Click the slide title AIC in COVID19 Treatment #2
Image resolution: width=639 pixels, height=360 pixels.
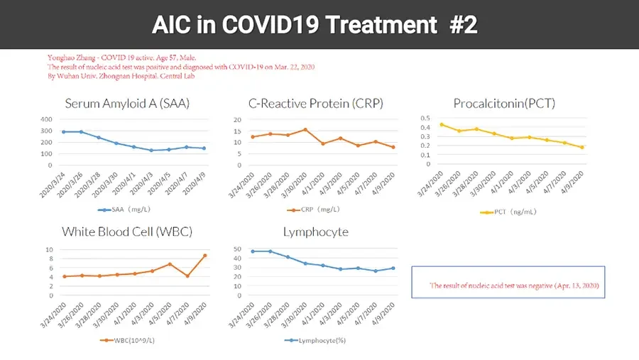click(315, 26)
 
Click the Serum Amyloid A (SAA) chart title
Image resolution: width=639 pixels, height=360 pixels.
click(126, 104)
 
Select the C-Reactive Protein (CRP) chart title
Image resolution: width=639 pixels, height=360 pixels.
click(315, 104)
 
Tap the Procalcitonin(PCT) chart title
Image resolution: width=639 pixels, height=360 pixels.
click(504, 104)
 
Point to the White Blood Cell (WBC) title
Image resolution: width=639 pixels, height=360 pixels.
click(127, 232)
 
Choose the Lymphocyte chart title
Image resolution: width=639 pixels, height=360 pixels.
click(315, 232)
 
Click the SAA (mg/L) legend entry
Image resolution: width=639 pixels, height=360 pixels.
click(129, 210)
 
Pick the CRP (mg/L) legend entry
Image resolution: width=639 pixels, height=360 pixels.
click(317, 210)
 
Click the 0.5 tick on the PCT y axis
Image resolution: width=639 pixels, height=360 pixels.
click(425, 119)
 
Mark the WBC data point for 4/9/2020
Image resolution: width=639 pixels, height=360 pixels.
click(205, 256)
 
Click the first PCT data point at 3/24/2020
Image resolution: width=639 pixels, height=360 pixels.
click(442, 124)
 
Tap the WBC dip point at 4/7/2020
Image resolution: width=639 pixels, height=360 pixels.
click(187, 276)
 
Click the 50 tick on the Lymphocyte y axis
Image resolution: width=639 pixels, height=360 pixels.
click(238, 249)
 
